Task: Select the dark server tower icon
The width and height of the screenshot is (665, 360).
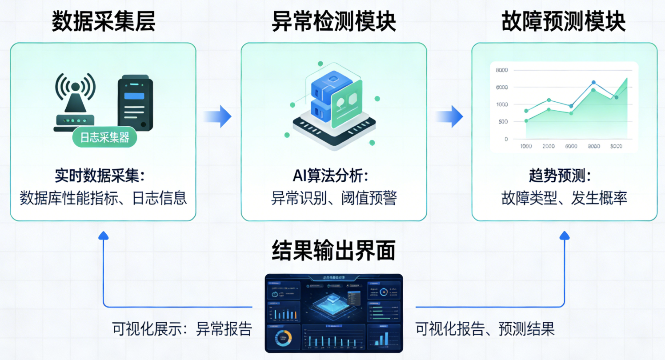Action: [x=135, y=103]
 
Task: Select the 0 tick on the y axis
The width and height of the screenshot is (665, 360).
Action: [x=505, y=139]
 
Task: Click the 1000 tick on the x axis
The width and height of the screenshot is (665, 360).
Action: [x=526, y=147]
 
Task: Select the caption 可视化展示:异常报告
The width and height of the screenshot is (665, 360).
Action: [x=182, y=329]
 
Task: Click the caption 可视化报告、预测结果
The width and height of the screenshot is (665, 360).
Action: [x=485, y=329]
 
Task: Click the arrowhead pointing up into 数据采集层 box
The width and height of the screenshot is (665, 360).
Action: [x=103, y=235]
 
